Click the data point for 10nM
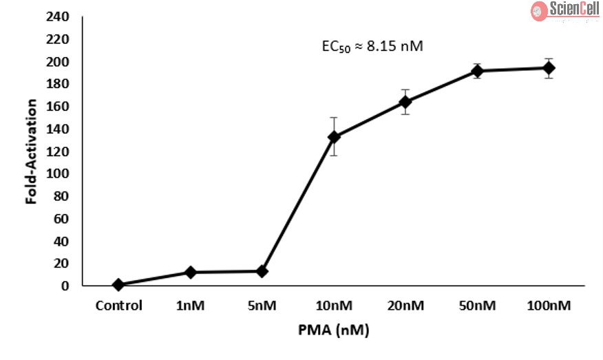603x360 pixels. [334, 136]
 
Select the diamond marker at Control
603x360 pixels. [118, 284]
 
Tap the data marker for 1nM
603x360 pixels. [190, 273]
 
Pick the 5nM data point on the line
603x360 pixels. [262, 271]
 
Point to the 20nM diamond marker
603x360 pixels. [405, 102]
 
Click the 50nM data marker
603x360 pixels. [477, 71]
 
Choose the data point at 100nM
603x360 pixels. [549, 67]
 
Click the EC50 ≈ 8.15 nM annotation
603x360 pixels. [372, 47]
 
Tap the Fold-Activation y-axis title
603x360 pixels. [32, 151]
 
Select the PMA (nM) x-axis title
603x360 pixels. [334, 330]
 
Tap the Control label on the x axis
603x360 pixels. [119, 306]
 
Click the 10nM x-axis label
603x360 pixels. [334, 306]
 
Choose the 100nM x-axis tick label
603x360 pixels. [549, 306]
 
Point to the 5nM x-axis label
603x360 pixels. [262, 306]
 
